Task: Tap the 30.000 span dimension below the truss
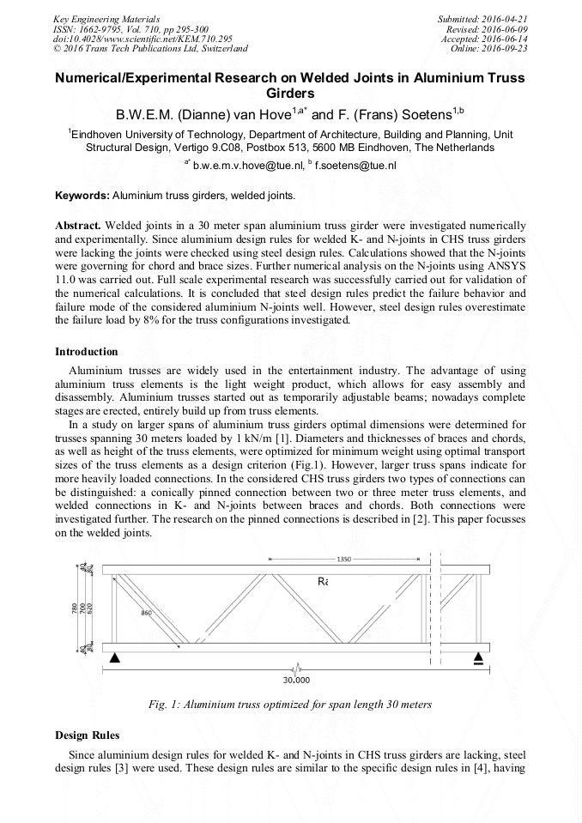click(297, 679)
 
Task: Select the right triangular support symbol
click(479, 658)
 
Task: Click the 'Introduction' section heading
click(87, 352)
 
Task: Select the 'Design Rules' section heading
click(87, 735)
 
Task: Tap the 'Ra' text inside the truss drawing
click(323, 581)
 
